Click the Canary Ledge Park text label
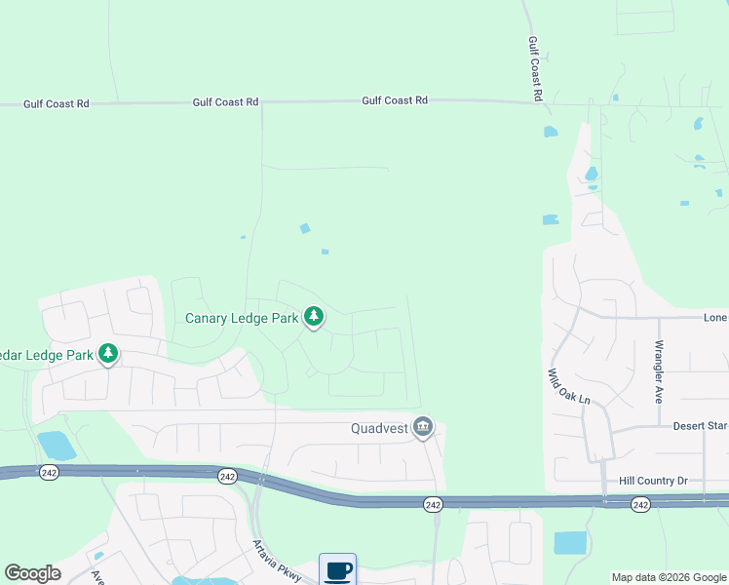point(242,319)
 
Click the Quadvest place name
point(379,428)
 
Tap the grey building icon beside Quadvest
point(423,427)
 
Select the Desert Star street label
point(700,426)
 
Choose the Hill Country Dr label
point(654,481)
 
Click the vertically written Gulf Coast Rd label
point(535,69)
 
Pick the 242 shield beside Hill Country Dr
point(640,504)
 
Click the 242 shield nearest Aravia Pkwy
point(227,476)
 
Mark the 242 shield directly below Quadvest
point(433,504)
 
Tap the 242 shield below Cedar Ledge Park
point(50,472)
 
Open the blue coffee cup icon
point(337,569)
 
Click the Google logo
point(32,573)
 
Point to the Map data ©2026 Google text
point(669,577)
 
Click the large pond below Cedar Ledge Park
point(56,446)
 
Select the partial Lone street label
point(715,318)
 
